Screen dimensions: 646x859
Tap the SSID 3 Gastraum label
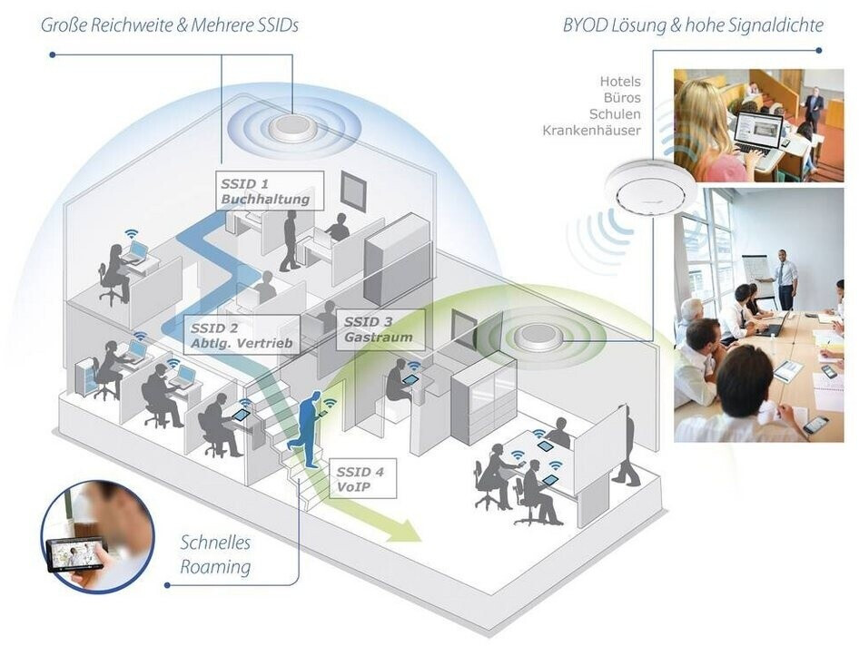pyautogui.click(x=380, y=328)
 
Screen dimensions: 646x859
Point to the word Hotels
pyautogui.click(x=619, y=82)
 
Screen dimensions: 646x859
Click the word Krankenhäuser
pyautogui.click(x=591, y=131)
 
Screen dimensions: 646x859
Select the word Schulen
pyautogui.click(x=615, y=114)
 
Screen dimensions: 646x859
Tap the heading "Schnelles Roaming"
pyautogui.click(x=214, y=555)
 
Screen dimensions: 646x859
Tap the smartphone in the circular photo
pyautogui.click(x=76, y=552)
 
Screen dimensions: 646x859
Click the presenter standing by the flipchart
pyautogui.click(x=785, y=278)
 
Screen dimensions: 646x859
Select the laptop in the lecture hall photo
pyautogui.click(x=757, y=132)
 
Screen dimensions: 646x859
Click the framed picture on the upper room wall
pyautogui.click(x=353, y=191)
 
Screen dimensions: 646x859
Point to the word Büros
pyautogui.click(x=621, y=98)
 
